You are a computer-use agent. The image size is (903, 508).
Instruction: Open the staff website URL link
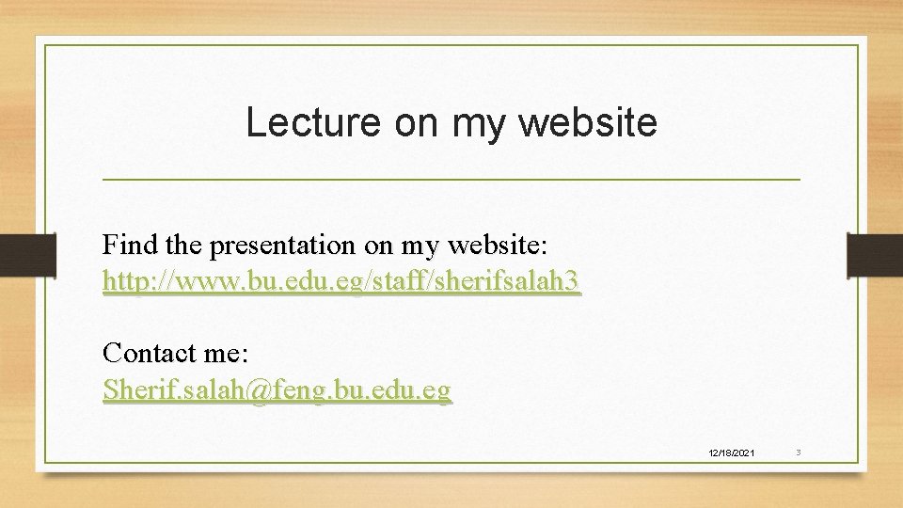tap(341, 281)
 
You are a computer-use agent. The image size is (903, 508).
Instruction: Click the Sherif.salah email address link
tap(277, 389)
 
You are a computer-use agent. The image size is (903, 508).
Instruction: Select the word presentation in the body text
tap(283, 246)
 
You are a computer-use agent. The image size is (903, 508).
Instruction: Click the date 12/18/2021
tap(731, 453)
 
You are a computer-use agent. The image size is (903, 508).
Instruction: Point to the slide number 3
tap(798, 452)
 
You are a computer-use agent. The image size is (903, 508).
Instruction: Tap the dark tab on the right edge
tap(875, 255)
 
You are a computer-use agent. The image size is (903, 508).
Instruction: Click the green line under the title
tap(451, 179)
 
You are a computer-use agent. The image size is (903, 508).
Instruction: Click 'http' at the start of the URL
tap(122, 281)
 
